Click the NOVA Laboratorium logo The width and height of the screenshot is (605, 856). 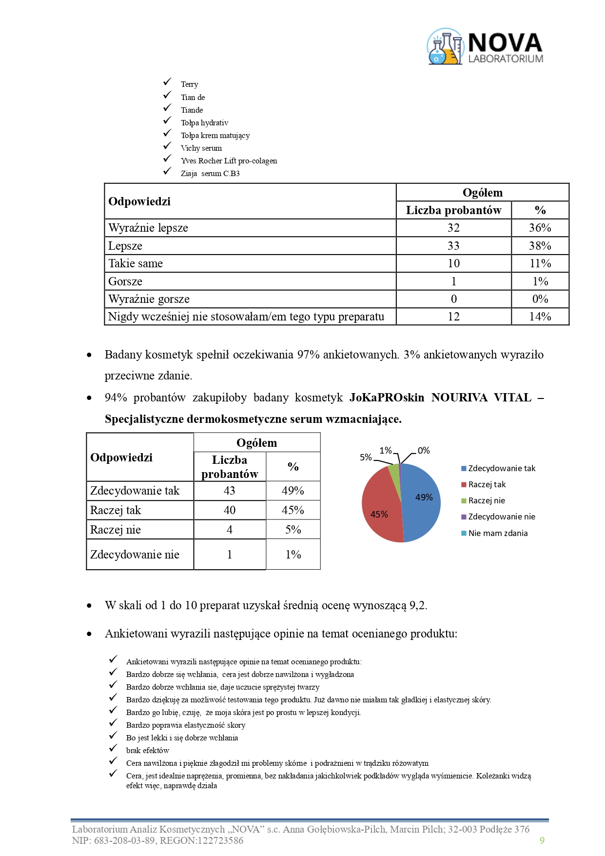[x=485, y=47]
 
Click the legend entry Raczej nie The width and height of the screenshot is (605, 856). [x=486, y=500]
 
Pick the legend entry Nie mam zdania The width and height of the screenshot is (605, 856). [x=497, y=533]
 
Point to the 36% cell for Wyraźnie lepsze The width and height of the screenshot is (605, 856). [x=540, y=228]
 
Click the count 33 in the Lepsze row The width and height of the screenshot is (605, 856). [x=453, y=246]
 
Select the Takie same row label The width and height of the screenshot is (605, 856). [x=136, y=263]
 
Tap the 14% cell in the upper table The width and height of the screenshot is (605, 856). [x=540, y=317]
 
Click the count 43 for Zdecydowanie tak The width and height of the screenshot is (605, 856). [x=230, y=491]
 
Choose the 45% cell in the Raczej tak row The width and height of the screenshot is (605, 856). [x=293, y=510]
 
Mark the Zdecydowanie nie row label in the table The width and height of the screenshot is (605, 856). [x=135, y=555]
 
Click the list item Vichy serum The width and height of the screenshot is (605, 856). [x=201, y=148]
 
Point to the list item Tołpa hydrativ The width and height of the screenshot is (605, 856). [x=204, y=123]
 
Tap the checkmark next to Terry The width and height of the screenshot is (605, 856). [x=168, y=82]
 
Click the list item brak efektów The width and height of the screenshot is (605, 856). [x=148, y=750]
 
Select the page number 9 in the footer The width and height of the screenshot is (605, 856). [x=542, y=840]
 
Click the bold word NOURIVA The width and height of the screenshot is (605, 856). [x=459, y=398]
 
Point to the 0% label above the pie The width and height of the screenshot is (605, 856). [x=424, y=451]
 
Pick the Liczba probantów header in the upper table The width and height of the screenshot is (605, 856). [x=453, y=210]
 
